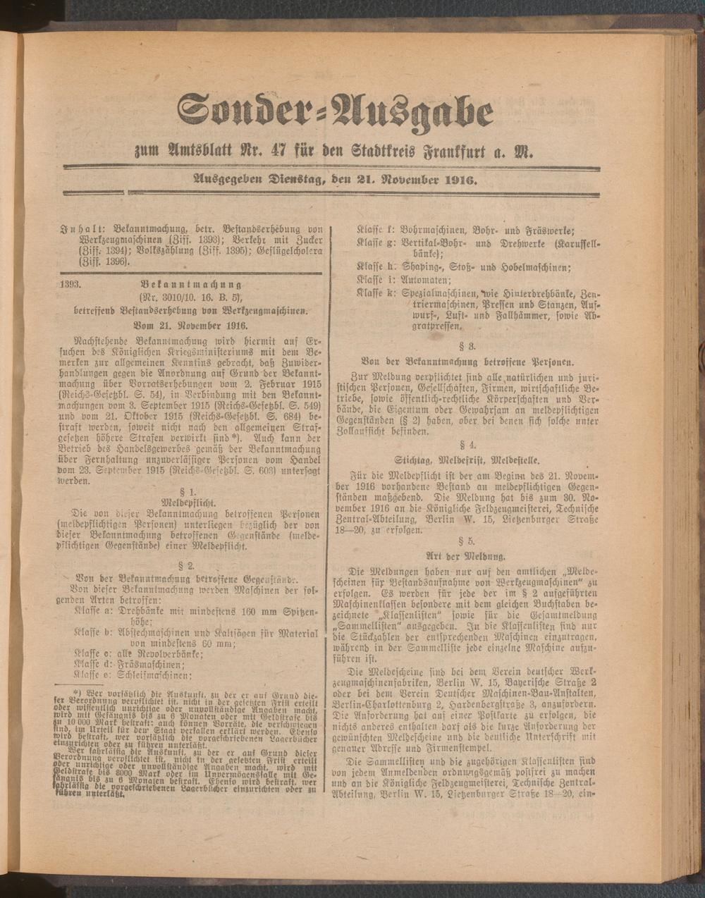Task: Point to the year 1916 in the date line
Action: click(460, 180)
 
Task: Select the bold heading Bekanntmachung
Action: click(191, 285)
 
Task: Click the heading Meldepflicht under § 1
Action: click(190, 504)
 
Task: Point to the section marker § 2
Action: click(190, 565)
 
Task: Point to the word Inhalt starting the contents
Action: click(75, 229)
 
